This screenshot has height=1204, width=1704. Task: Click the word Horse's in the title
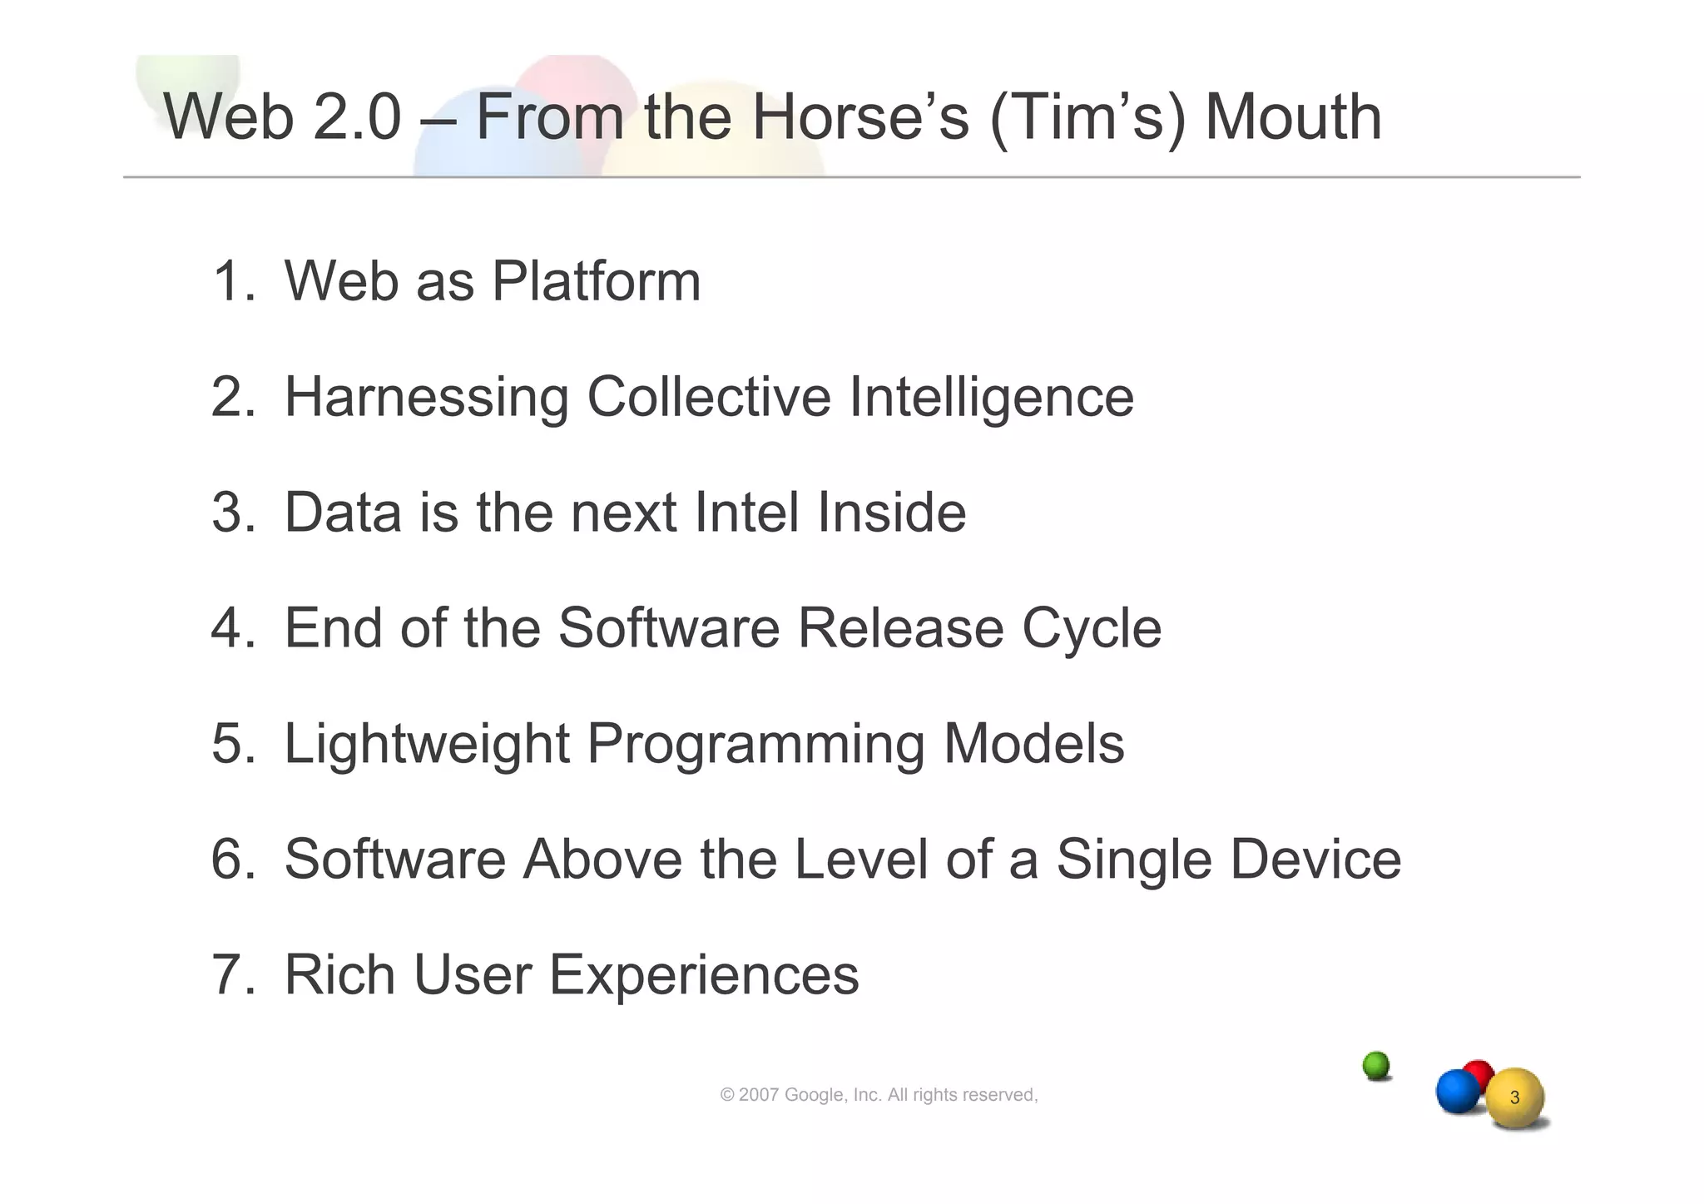(860, 116)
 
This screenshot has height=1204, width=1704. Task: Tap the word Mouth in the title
(1293, 116)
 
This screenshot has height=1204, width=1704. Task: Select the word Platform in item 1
(596, 281)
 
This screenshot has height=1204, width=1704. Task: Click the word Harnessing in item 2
(427, 397)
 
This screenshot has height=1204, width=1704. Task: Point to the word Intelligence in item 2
(991, 397)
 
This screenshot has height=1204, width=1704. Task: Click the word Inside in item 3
(891, 512)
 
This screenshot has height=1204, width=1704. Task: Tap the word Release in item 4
(900, 627)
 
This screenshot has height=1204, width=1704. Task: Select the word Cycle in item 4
(1092, 629)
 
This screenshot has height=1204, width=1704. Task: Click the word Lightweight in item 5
(427, 743)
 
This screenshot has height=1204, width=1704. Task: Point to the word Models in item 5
(1033, 743)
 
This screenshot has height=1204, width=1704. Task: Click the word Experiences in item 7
(704, 975)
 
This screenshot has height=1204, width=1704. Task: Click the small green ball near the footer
(1376, 1065)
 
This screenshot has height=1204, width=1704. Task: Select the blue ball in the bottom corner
(1457, 1091)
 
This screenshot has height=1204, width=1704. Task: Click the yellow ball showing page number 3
(1514, 1098)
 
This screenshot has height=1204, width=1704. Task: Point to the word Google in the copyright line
(815, 1095)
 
